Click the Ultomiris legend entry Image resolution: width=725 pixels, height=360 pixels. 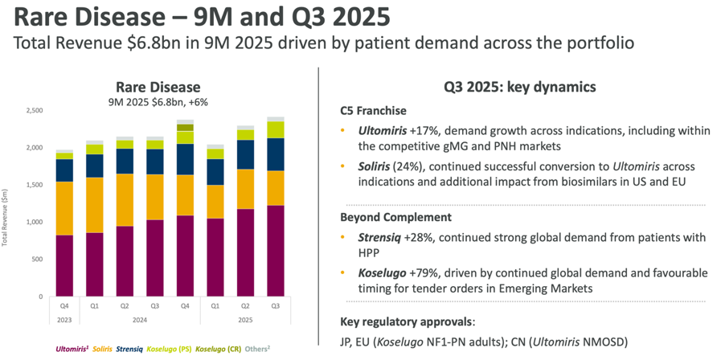pyautogui.click(x=73, y=350)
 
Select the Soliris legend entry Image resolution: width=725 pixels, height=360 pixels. pyautogui.click(x=104, y=350)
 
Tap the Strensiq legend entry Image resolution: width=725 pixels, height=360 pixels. pyautogui.click(x=132, y=350)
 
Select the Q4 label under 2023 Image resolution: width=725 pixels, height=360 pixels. pyautogui.click(x=64, y=305)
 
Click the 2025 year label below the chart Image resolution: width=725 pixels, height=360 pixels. pyautogui.click(x=245, y=320)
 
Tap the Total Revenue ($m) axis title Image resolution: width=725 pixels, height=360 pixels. pyautogui.click(x=6, y=216)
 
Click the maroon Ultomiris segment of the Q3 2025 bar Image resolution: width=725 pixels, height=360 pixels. pyautogui.click(x=276, y=251)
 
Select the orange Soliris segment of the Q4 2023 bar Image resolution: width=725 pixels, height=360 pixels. pyautogui.click(x=64, y=208)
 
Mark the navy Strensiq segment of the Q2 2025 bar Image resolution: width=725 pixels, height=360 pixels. pyautogui.click(x=245, y=155)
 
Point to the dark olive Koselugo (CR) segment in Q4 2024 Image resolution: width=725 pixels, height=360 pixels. pyautogui.click(x=185, y=128)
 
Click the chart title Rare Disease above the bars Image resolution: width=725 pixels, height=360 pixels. pyautogui.click(x=158, y=88)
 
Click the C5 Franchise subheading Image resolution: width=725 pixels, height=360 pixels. pyautogui.click(x=373, y=111)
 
